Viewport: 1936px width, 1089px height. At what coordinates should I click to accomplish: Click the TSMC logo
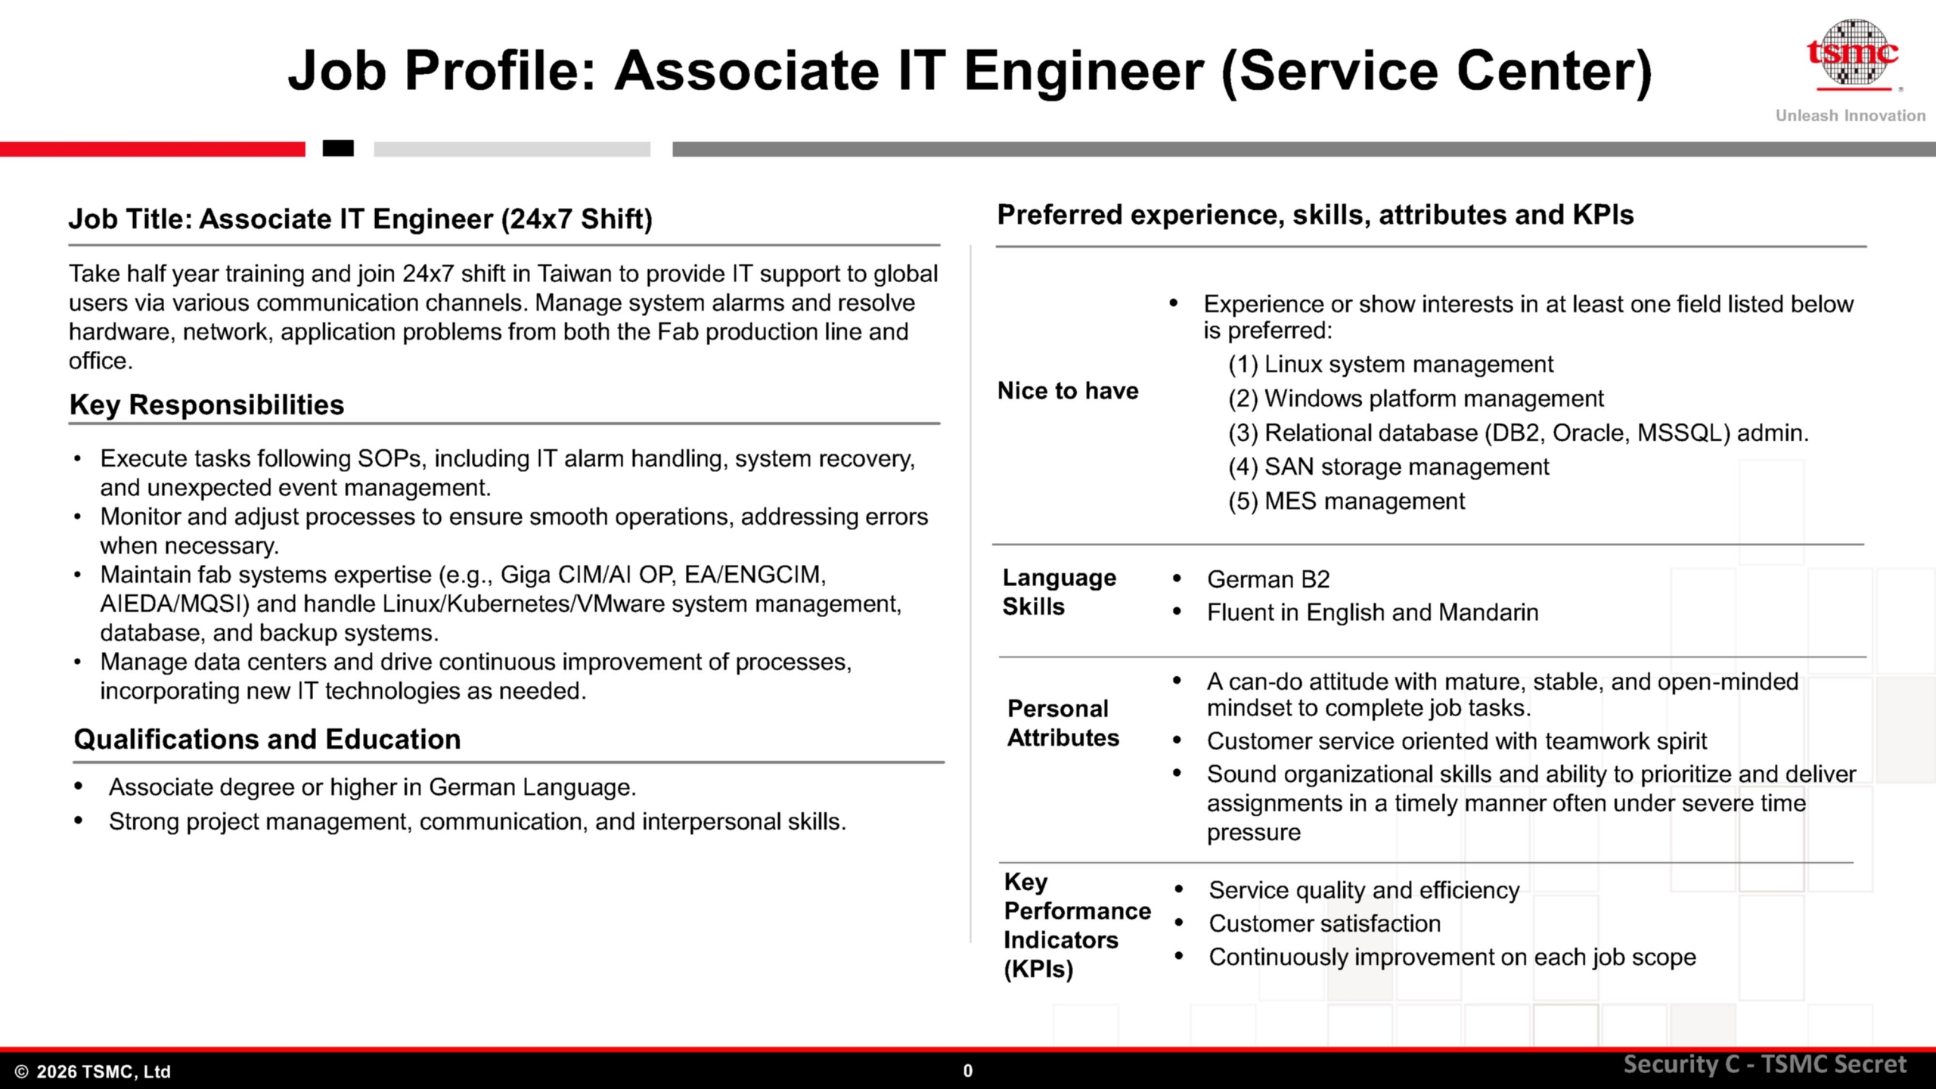click(1853, 54)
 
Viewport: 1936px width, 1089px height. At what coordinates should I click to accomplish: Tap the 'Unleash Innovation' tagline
click(1850, 116)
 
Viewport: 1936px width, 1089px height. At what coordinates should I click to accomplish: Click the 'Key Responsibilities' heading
click(206, 405)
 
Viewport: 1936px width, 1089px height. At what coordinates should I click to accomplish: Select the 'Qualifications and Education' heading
click(267, 739)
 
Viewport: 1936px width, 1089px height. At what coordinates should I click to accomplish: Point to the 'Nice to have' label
click(1067, 390)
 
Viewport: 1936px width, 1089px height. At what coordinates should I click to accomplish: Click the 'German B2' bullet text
click(1267, 579)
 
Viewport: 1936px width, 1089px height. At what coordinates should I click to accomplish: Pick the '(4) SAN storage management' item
click(1388, 467)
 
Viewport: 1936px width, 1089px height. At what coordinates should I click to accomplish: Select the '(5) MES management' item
click(1346, 501)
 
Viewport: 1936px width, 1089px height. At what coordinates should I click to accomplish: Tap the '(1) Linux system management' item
click(1390, 364)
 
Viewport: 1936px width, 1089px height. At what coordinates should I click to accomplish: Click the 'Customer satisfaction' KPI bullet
click(1324, 923)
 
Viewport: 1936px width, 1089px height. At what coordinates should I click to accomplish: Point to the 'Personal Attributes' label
click(1062, 723)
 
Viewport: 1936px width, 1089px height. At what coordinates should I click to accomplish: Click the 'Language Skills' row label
click(1059, 592)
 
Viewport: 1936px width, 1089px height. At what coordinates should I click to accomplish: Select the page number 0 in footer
click(967, 1071)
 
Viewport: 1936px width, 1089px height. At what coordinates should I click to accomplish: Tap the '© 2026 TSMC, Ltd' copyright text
click(92, 1072)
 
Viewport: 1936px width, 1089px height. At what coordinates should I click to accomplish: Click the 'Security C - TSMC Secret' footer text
click(1764, 1065)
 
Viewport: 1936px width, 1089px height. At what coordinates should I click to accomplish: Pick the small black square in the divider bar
click(338, 148)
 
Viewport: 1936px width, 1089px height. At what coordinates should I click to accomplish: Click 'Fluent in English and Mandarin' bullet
click(1372, 613)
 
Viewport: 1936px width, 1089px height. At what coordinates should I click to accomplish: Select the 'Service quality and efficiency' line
click(1364, 890)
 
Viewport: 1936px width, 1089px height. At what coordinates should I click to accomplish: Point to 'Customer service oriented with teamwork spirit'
click(1457, 741)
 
